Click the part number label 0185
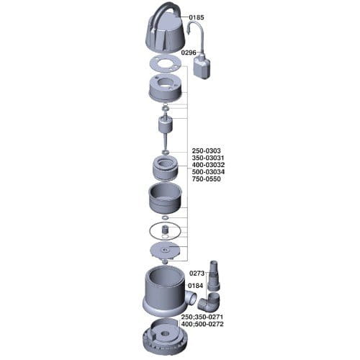coord(197,17)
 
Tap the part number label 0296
coord(189,53)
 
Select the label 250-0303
coord(206,150)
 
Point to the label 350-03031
coord(208,158)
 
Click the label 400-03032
coord(208,165)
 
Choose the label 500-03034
coord(208,172)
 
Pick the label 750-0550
coord(206,179)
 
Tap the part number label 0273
coord(197,273)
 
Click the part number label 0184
coord(195,286)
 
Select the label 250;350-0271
coord(202,317)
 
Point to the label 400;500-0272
coord(202,324)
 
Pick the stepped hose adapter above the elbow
coord(213,276)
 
